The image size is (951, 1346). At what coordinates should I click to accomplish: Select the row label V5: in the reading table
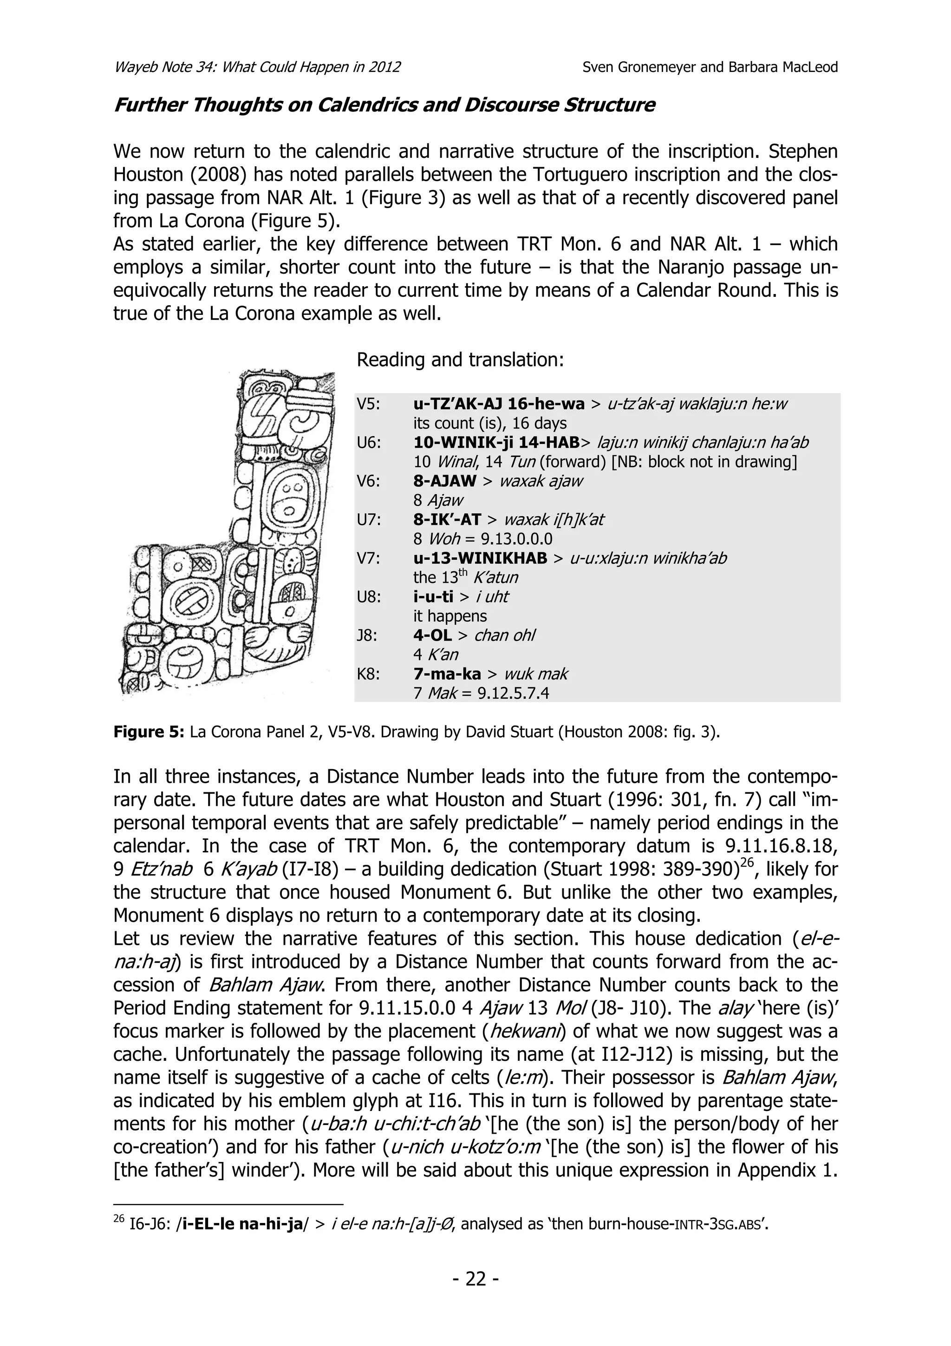[x=369, y=404]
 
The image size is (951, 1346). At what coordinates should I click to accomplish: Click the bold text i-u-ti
[x=433, y=597]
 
